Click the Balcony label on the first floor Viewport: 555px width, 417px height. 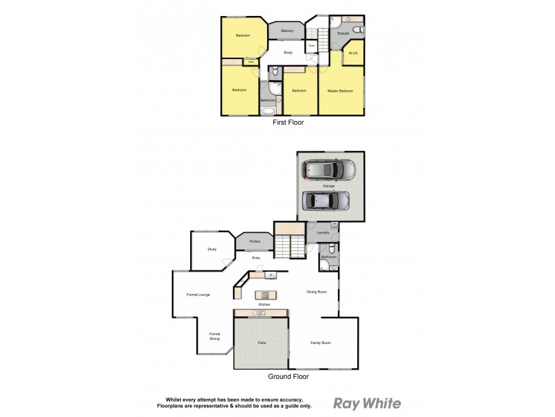[x=287, y=31]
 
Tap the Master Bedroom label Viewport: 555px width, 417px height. [x=341, y=91]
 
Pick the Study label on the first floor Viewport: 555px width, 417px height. [x=288, y=52]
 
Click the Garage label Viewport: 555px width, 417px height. [x=329, y=186]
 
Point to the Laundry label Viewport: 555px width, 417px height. [x=323, y=232]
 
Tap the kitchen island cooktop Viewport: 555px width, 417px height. [x=264, y=295]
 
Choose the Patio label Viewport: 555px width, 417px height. [x=262, y=343]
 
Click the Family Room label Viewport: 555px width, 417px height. [x=321, y=343]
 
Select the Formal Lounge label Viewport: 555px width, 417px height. [x=198, y=295]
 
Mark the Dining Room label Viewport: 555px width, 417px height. [x=316, y=291]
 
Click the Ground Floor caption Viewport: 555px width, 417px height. [x=289, y=377]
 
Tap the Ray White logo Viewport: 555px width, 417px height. [x=367, y=403]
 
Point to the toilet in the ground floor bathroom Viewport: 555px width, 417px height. [x=332, y=249]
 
